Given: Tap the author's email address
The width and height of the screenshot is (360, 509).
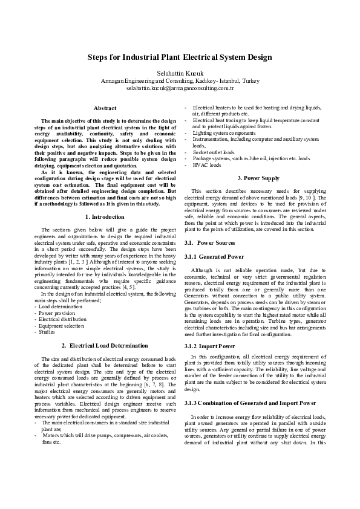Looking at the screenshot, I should pyautogui.click(x=180, y=88).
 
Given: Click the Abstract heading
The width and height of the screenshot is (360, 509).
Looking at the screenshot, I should pyautogui.click(x=105, y=108).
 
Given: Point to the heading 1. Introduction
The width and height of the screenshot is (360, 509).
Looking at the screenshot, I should pyautogui.click(x=105, y=216).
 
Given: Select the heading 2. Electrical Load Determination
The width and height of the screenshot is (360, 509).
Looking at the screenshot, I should pyautogui.click(x=105, y=345).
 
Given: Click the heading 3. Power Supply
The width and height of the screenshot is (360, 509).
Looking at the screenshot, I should pyautogui.click(x=258, y=178).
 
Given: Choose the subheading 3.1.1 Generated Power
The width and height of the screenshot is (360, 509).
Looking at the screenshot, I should pyautogui.click(x=214, y=256).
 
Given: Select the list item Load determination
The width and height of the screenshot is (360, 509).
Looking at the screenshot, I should pyautogui.click(x=58, y=306).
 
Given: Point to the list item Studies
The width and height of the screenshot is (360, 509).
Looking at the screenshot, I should pyautogui.click(x=47, y=332).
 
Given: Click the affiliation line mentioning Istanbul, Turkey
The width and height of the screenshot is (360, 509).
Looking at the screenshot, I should pyautogui.click(x=180, y=80).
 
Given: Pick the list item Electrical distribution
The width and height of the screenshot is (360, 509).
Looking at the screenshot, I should pyautogui.click(x=62, y=319).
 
